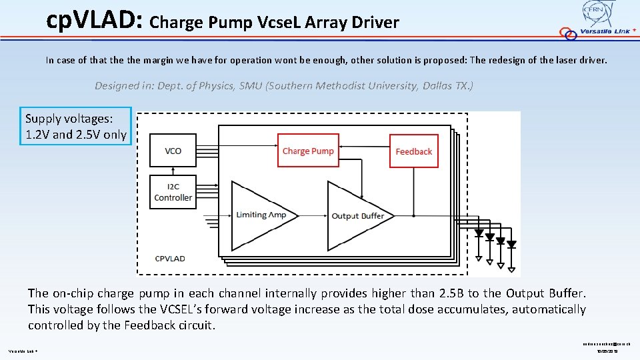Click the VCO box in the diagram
(173, 151)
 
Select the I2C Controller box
(173, 193)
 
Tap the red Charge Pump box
(307, 151)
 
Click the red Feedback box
(413, 151)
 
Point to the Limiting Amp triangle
(257, 214)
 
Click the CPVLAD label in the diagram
(170, 258)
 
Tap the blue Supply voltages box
(75, 127)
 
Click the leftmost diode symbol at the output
(479, 233)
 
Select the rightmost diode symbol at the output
(511, 245)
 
